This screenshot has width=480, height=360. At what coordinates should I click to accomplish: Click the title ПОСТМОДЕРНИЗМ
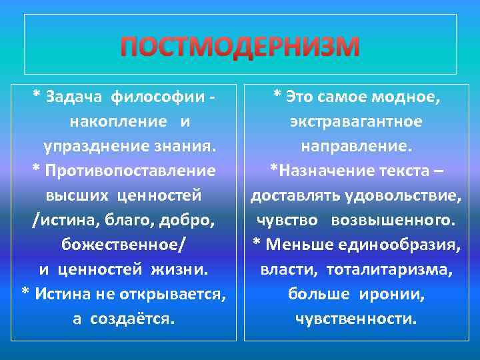pyautogui.click(x=240, y=47)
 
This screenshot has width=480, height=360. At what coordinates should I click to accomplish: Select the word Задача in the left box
pyautogui.click(x=74, y=97)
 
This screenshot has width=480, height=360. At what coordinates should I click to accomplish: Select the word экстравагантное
pyautogui.click(x=355, y=121)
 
